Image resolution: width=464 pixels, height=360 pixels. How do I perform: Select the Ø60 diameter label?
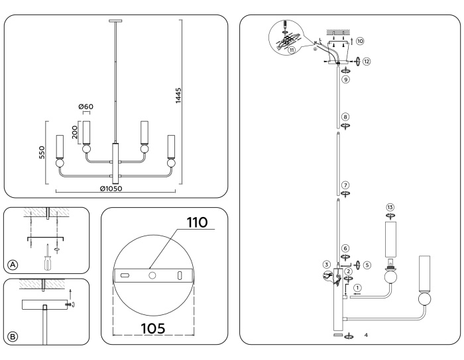(x=85, y=107)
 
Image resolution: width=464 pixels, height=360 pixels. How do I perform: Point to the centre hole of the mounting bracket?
(x=152, y=274)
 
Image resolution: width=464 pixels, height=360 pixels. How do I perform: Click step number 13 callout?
(x=390, y=207)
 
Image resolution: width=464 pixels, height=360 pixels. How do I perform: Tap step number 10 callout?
(x=360, y=40)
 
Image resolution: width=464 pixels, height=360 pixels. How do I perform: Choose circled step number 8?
(x=345, y=116)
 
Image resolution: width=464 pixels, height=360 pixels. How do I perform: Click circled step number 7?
(x=345, y=185)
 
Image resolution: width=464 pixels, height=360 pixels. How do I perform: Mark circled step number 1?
(x=357, y=288)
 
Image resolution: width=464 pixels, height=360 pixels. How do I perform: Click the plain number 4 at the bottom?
(x=365, y=336)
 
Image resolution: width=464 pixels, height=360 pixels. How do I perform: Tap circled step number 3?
(x=326, y=265)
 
